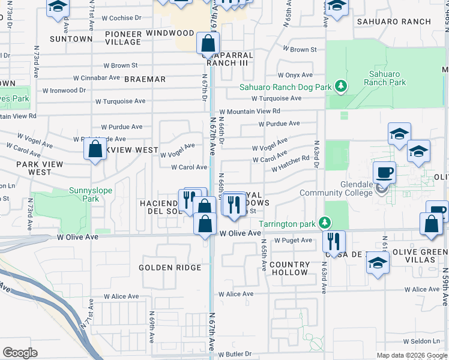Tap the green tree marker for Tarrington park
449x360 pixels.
coord(324,224)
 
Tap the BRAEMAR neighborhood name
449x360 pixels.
coord(145,79)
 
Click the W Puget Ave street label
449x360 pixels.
coord(294,241)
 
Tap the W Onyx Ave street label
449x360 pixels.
coord(295,75)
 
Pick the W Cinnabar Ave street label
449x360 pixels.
coord(97,78)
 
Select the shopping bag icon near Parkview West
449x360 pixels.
coord(95,149)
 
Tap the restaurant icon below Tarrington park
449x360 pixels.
coord(333,241)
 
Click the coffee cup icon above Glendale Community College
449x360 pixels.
coord(385,172)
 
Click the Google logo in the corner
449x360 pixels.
coord(20,353)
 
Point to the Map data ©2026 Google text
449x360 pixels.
coord(412,355)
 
